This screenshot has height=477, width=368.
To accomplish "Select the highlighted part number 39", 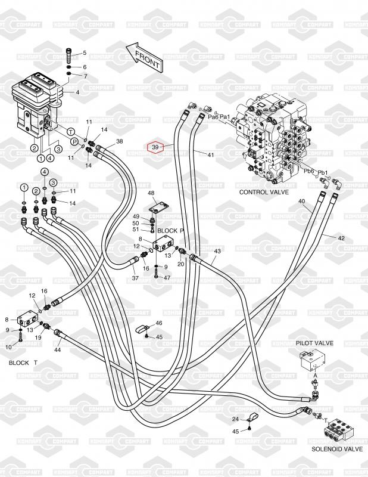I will click(x=155, y=147).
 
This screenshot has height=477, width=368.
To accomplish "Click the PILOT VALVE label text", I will click(x=314, y=343).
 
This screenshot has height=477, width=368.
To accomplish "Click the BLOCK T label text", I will click(x=23, y=363).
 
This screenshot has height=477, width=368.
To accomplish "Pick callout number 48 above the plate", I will click(x=151, y=193).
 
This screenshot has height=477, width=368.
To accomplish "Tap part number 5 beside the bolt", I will click(x=84, y=53).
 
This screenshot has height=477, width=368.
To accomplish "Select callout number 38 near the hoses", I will click(x=120, y=141).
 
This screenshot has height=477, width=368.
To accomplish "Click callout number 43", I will click(x=217, y=251).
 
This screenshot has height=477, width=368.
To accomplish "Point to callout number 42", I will click(x=341, y=238).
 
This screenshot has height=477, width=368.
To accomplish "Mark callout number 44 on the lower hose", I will click(x=58, y=349).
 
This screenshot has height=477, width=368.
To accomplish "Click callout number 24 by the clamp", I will click(x=236, y=419).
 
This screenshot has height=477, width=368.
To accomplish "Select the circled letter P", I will click(x=75, y=141).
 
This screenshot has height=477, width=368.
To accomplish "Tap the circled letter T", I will click(x=71, y=131).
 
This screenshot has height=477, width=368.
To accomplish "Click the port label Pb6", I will click(x=308, y=171).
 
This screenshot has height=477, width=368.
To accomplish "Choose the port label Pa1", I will click(x=224, y=117).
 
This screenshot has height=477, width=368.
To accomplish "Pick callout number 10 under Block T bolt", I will click(x=9, y=347).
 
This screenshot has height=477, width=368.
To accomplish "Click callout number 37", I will click(x=135, y=278).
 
